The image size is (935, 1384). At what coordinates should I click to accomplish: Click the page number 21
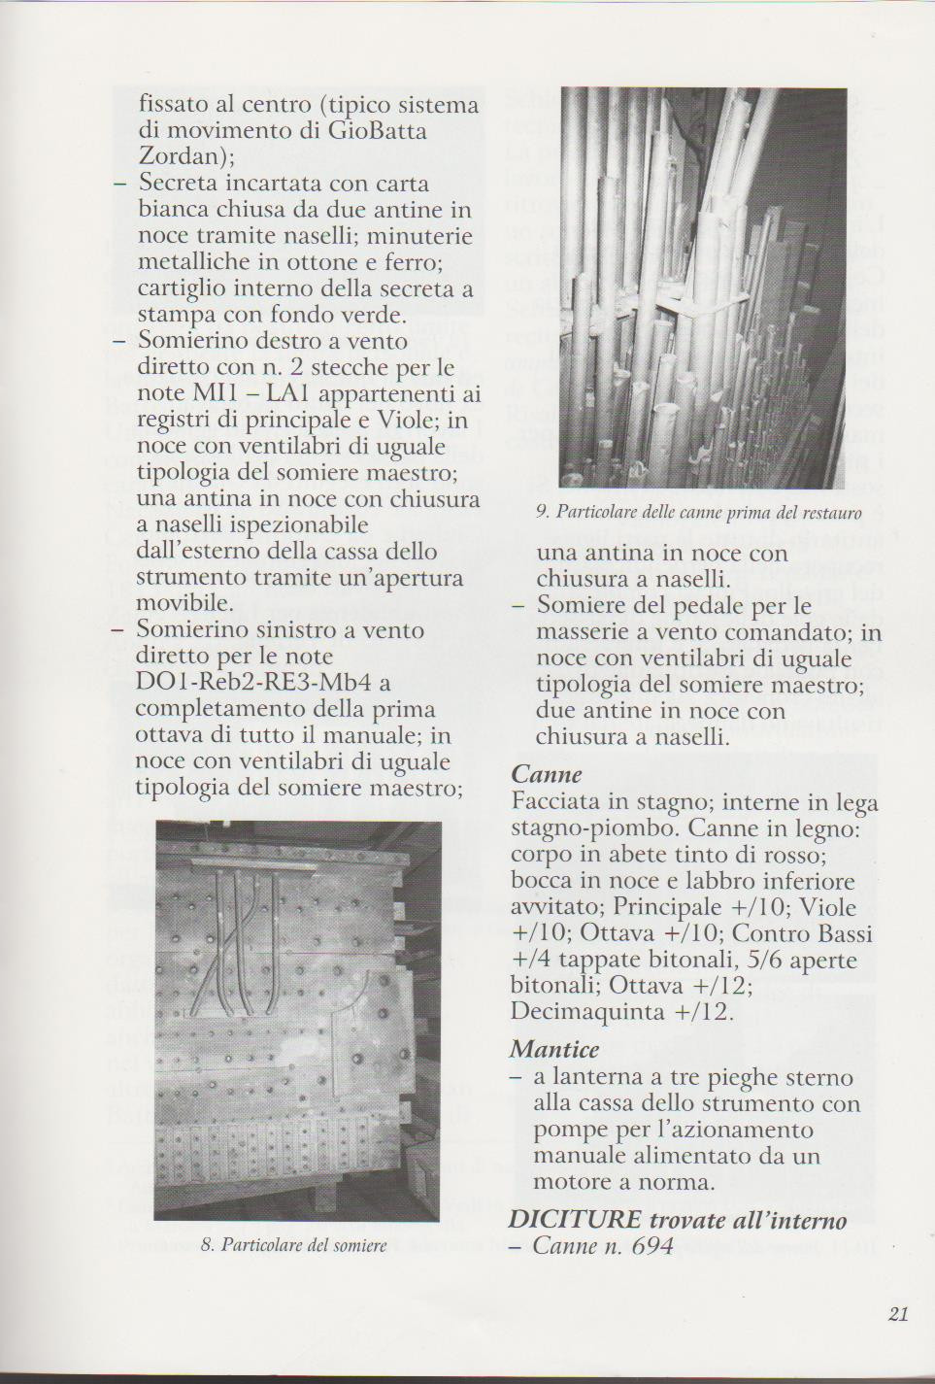[897, 1314]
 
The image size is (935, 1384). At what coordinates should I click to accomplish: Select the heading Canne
[547, 775]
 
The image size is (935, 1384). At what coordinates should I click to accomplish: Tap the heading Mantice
[554, 1050]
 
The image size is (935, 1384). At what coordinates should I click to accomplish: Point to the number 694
[651, 1246]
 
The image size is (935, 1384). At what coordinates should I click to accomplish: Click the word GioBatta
[376, 130]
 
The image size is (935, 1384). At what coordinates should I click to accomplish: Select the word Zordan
[179, 156]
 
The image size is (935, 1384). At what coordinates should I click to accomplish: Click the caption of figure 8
[293, 1245]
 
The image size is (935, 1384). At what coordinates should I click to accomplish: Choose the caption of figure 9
[698, 512]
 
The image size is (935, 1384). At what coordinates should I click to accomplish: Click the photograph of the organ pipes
[703, 287]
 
